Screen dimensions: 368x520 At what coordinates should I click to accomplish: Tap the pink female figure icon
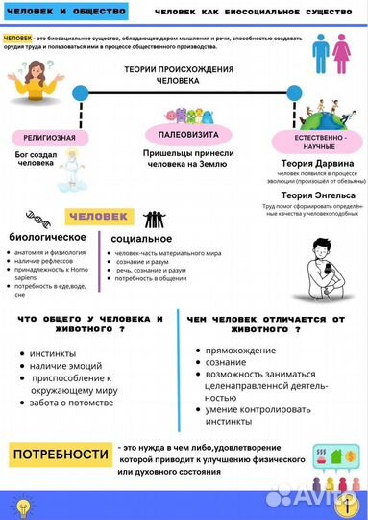click(341, 54)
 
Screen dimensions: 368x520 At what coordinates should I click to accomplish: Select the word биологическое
click(47, 237)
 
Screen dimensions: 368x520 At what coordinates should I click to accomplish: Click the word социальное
click(141, 238)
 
